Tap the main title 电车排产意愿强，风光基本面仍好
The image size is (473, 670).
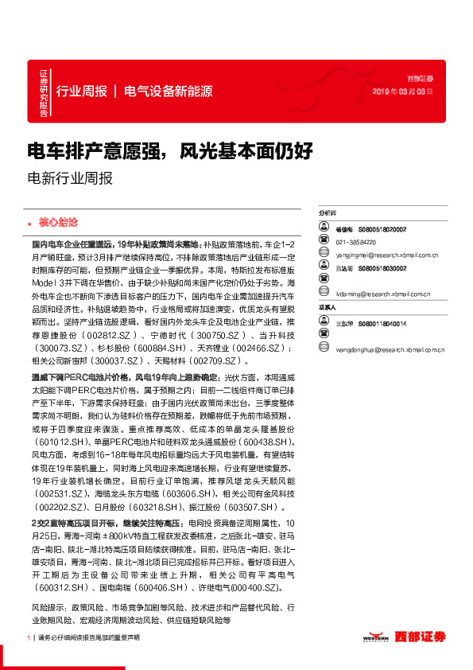click(x=170, y=150)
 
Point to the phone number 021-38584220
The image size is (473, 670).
click(x=355, y=242)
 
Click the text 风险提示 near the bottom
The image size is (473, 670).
click(x=47, y=607)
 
